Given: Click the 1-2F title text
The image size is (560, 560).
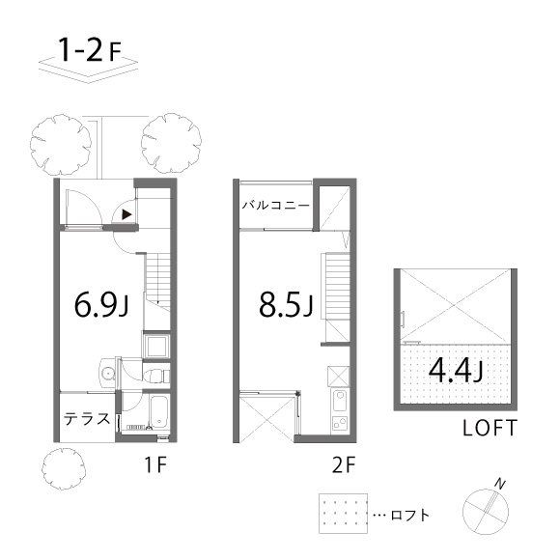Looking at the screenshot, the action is (x=90, y=51).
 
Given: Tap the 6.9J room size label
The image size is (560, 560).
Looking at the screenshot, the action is (x=101, y=305).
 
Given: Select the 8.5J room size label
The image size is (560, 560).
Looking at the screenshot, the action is (x=286, y=305).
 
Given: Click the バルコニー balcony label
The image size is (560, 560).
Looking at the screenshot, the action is (x=276, y=206).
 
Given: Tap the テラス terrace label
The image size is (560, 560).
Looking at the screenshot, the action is (x=87, y=419).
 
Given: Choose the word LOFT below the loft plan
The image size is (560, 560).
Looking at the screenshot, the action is (x=490, y=428).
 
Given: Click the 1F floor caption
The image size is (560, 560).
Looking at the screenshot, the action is (x=155, y=464).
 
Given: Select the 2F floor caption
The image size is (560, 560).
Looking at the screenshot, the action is (x=344, y=464).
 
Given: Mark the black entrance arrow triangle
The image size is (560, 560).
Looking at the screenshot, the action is (x=126, y=214).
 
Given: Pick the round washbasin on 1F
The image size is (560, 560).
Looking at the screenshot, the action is (x=107, y=374).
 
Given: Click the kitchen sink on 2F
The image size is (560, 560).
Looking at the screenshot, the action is (x=339, y=401).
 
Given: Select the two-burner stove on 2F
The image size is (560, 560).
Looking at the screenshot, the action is (x=340, y=424).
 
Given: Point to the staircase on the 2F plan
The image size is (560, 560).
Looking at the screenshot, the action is (x=337, y=286).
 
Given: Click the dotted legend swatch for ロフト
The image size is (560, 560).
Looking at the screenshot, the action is (x=343, y=514).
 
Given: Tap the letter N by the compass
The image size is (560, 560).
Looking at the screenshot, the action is (x=500, y=485).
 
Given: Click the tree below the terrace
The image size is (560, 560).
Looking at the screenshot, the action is (x=65, y=468).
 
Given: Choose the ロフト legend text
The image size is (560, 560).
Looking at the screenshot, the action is (x=410, y=515).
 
